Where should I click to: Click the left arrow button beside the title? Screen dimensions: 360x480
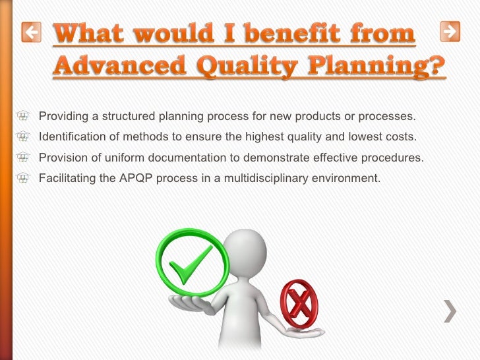[x=31, y=31]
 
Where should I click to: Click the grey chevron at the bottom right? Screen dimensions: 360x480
[x=450, y=310]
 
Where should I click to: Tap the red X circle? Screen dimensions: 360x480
[x=299, y=303]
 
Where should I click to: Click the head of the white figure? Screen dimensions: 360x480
[x=245, y=250]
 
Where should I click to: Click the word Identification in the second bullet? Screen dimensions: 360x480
[x=72, y=137]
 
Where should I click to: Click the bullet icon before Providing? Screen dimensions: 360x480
[x=24, y=117]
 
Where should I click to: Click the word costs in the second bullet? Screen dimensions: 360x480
[x=401, y=137]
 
